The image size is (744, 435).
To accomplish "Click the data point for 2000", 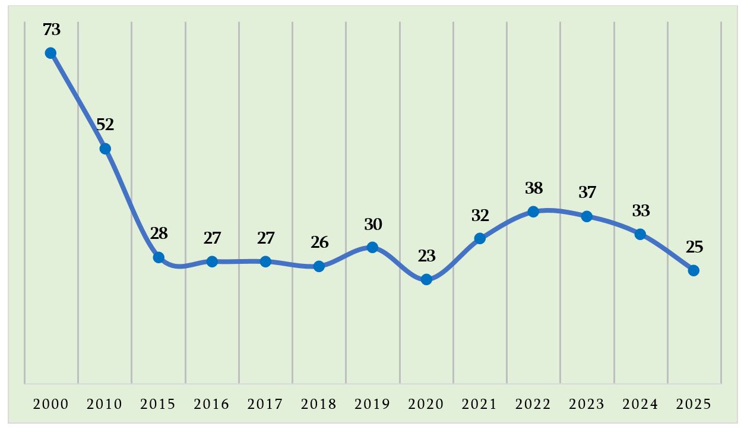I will click(x=51, y=53).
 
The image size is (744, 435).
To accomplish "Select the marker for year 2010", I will click(x=105, y=149).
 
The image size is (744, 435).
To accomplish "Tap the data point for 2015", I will click(x=159, y=257).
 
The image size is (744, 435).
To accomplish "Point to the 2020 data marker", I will click(x=426, y=279).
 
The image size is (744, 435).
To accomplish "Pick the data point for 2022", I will click(x=533, y=212).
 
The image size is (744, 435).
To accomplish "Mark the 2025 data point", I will click(x=694, y=270).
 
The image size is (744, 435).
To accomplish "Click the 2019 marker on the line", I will click(x=372, y=247).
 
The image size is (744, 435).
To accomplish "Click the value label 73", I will click(x=52, y=29).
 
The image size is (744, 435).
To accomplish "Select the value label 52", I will click(x=105, y=125).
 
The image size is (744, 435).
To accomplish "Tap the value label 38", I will click(x=534, y=188).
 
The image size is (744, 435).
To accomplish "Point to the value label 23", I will click(x=426, y=256).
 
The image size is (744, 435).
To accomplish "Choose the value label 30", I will click(x=373, y=225).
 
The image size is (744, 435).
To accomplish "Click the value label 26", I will click(x=319, y=242).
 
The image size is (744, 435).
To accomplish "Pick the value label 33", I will click(x=641, y=211).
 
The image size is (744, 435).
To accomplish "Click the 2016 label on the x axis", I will click(x=211, y=404).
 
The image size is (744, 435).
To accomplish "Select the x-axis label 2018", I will click(x=319, y=404).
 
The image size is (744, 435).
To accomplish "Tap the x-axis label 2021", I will click(x=479, y=404).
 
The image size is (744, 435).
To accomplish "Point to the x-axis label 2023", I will click(x=587, y=404).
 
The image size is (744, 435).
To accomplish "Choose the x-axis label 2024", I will click(x=640, y=404).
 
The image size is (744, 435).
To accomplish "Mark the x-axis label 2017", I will click(x=265, y=404).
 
